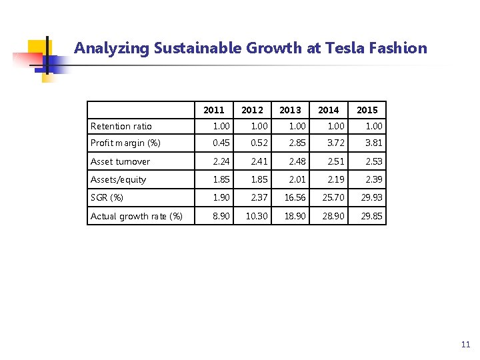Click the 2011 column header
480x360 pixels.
point(214,110)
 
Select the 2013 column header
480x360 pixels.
point(290,110)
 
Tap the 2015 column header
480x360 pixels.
point(367,110)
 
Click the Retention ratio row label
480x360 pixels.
point(121,127)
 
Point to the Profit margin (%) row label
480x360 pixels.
point(125,143)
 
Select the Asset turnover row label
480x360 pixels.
point(121,162)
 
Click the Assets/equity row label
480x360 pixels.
point(119,179)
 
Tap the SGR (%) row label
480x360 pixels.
point(107,198)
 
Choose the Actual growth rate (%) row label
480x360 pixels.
point(137,216)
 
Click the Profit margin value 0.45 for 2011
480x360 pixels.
point(221,143)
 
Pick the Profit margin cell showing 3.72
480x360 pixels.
point(336,143)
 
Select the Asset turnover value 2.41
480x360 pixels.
point(259,162)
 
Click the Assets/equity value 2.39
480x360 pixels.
point(374,179)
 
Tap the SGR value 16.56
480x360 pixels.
point(295,198)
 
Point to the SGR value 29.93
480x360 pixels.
point(372,198)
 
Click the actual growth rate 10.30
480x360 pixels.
point(257,216)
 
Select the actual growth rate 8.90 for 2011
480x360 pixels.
point(221,216)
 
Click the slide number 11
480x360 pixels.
point(465,345)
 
